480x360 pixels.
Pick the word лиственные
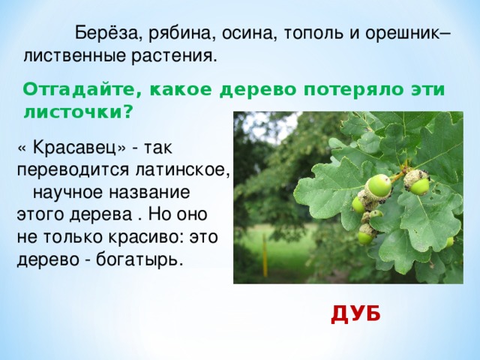click(x=75, y=56)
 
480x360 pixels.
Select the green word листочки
click(x=78, y=113)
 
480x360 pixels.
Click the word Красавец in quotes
click(x=76, y=148)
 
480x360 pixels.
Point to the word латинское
click(x=182, y=170)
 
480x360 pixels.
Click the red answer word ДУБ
click(x=355, y=315)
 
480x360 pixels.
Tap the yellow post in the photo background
click(x=265, y=256)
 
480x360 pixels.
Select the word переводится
click(x=73, y=171)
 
